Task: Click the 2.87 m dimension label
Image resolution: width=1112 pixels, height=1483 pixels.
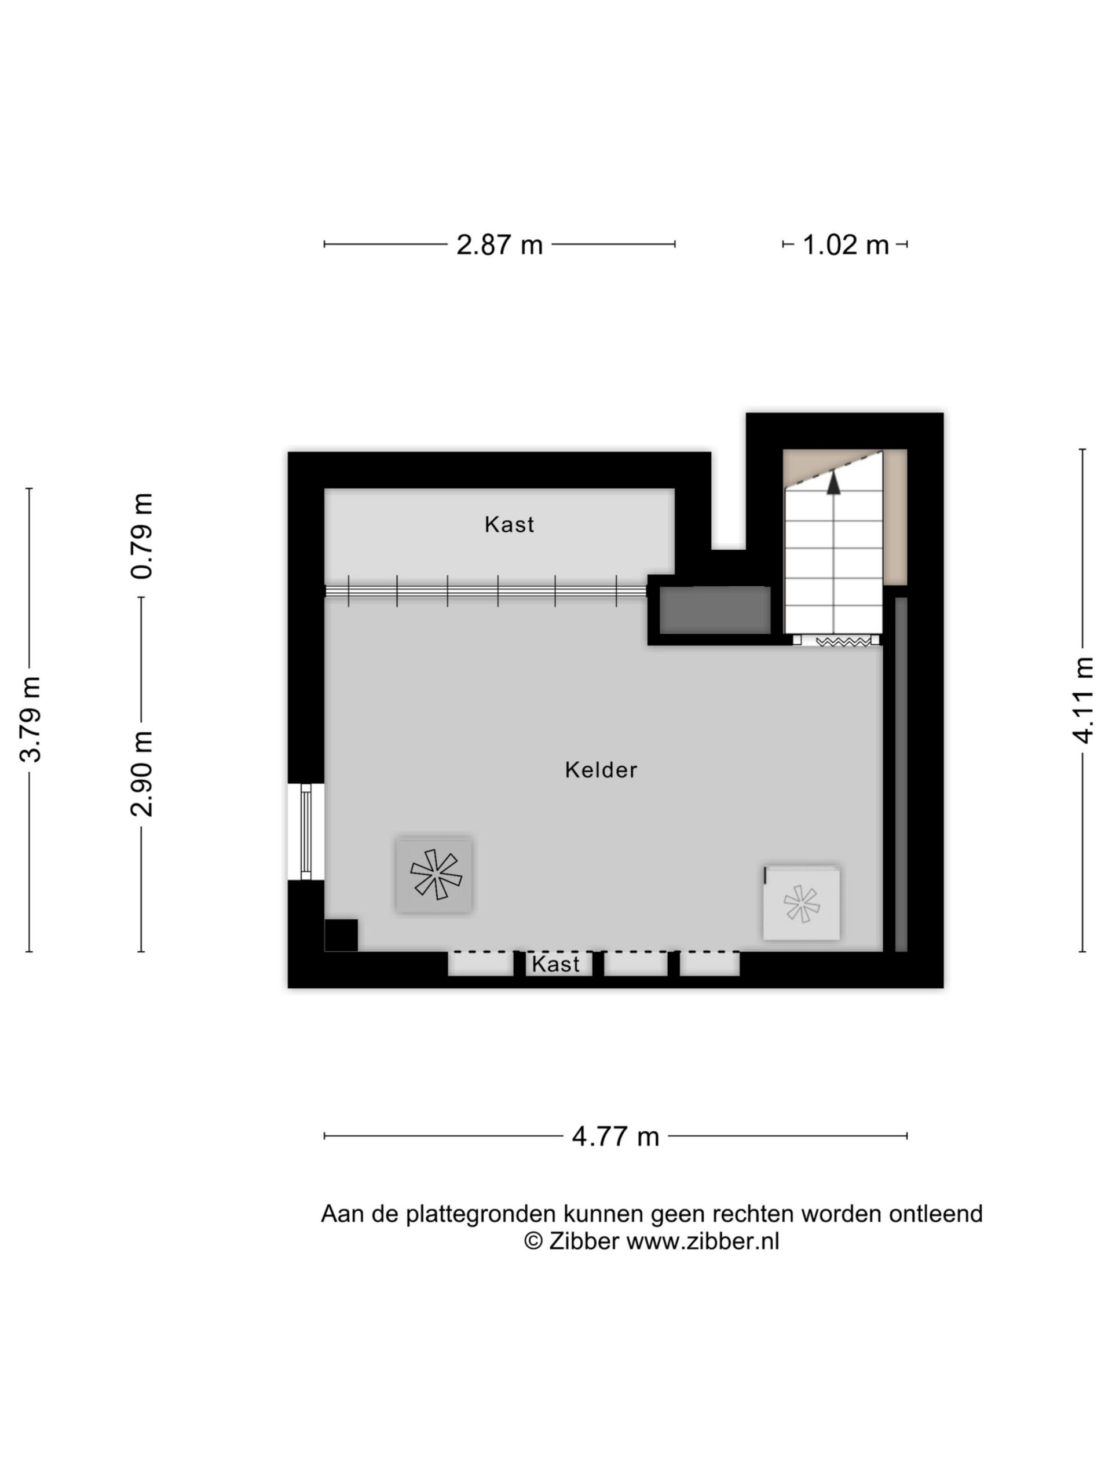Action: [499, 244]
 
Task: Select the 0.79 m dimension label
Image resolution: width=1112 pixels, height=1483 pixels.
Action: [142, 535]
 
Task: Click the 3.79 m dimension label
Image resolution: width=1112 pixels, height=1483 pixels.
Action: [31, 719]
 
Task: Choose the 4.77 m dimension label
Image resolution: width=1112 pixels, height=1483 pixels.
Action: [615, 1137]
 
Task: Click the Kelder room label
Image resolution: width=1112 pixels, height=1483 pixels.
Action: [601, 770]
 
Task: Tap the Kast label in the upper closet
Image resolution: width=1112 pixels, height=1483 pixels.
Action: [510, 524]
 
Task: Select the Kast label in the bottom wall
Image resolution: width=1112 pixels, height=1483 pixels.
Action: [555, 964]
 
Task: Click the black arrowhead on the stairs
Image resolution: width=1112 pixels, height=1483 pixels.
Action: [833, 483]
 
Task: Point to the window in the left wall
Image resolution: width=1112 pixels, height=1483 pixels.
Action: [306, 831]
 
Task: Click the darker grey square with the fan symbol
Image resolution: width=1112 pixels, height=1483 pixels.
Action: [434, 874]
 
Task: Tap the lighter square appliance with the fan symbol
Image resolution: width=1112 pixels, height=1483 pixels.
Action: [801, 903]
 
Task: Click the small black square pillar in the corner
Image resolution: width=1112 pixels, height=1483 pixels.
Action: [341, 934]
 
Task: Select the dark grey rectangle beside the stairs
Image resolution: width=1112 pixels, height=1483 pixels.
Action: [715, 610]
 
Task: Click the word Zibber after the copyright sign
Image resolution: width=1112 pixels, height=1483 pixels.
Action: [584, 1241]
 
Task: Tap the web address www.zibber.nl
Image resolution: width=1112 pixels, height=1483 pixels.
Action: [703, 1241]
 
